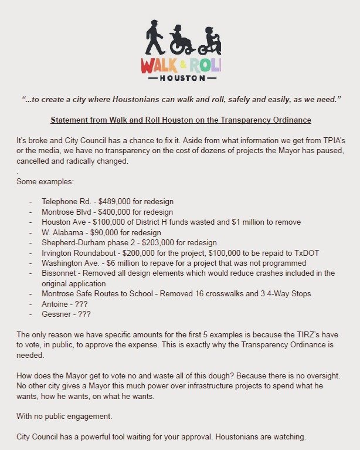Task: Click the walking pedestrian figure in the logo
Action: pos(154,38)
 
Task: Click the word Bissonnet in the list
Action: pos(60,273)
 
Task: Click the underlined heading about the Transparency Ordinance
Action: pos(180,120)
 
